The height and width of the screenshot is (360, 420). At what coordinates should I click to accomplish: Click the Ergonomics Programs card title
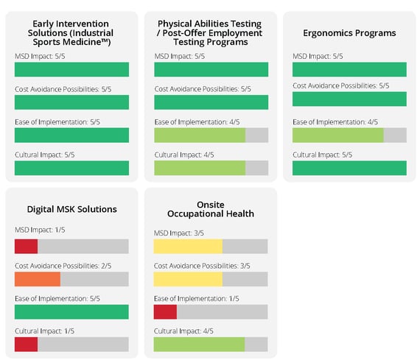[349, 33]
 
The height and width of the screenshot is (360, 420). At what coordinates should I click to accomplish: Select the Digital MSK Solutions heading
[71, 209]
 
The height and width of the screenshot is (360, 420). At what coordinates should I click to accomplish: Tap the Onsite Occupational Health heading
[211, 209]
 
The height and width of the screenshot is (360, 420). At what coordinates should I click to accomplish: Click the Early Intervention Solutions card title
[71, 33]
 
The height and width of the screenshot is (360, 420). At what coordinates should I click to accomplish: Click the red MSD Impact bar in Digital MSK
[26, 246]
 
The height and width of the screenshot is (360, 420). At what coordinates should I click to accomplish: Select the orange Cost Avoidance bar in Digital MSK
[37, 279]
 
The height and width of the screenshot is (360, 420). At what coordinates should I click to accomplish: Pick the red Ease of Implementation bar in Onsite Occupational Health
[165, 311]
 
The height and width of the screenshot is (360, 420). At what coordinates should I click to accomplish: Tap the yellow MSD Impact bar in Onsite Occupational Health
[188, 246]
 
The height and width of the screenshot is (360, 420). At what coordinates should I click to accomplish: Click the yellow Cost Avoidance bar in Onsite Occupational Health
[188, 279]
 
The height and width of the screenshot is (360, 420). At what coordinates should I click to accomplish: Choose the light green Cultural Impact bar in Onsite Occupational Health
[199, 345]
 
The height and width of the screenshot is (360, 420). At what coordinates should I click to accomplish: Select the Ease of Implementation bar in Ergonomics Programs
[338, 135]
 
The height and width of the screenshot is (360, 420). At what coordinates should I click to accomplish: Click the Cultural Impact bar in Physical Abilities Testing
[199, 168]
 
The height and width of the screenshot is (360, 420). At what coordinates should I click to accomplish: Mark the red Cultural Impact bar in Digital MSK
[26, 345]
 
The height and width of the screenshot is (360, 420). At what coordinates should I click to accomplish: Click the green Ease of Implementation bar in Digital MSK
[71, 311]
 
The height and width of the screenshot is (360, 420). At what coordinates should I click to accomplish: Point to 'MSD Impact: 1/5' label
[40, 230]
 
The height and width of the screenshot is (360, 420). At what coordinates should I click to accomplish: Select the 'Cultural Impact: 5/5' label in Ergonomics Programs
[322, 155]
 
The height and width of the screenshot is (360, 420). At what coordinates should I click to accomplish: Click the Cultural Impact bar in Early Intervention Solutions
[71, 168]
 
